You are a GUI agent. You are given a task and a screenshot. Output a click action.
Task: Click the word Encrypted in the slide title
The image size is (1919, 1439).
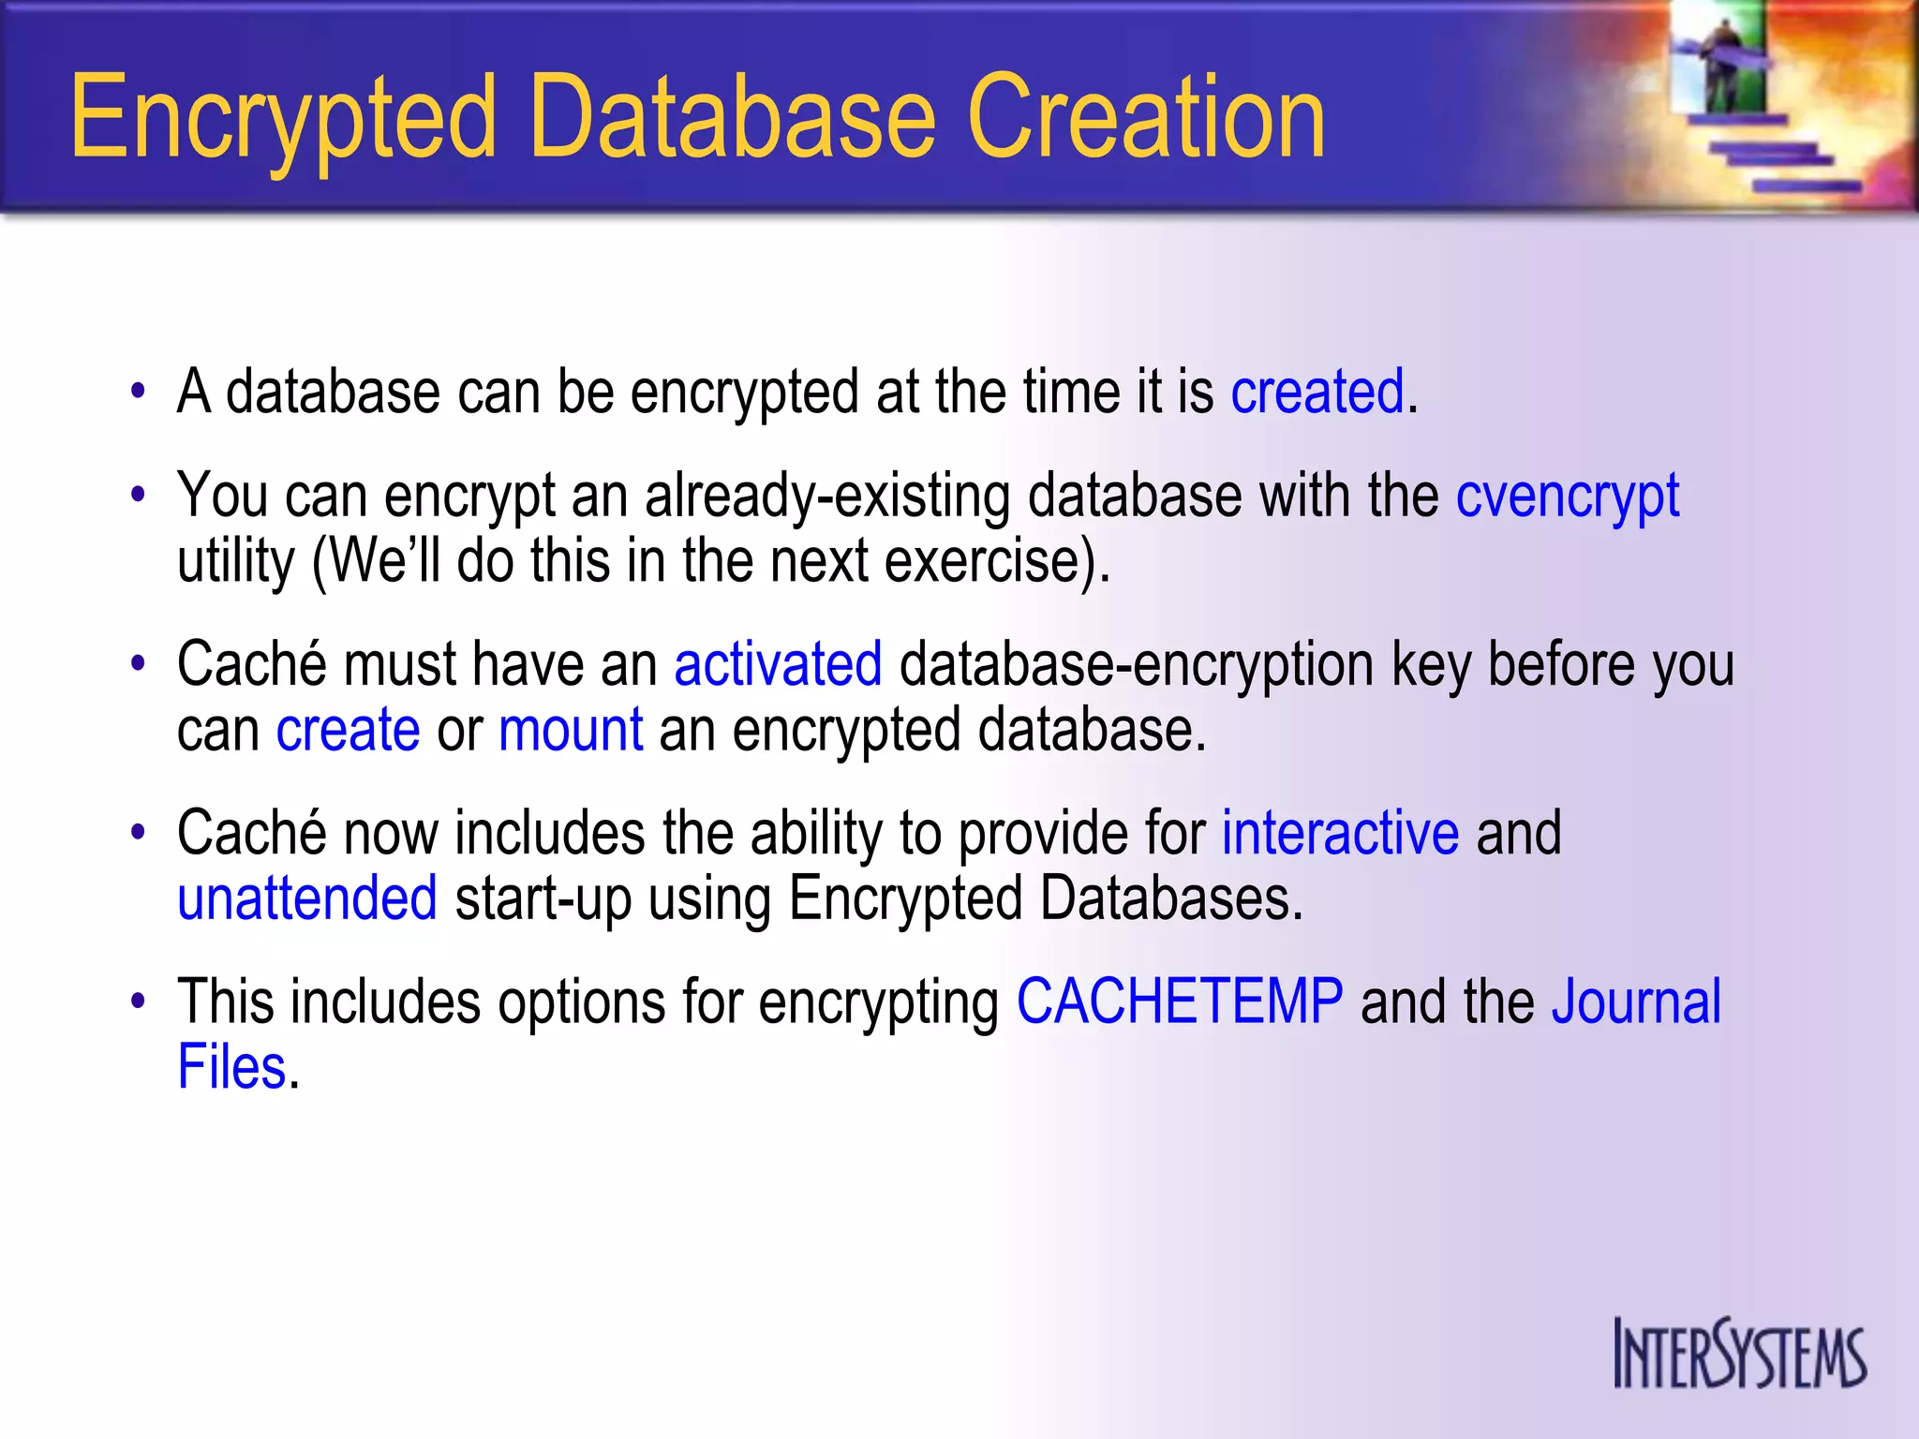[x=282, y=120]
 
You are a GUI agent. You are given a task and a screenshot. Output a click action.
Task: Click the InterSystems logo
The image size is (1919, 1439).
[x=1739, y=1354]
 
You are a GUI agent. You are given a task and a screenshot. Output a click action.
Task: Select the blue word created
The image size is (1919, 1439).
[x=1317, y=392]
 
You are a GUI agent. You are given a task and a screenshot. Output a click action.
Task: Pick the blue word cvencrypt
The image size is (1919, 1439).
[x=1567, y=497]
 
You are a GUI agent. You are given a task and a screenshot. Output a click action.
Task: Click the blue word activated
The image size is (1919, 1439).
[x=778, y=664]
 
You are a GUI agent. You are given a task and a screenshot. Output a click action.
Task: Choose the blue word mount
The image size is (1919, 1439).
[x=571, y=730]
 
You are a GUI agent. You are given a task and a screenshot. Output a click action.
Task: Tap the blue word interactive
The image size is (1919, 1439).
[x=1340, y=833]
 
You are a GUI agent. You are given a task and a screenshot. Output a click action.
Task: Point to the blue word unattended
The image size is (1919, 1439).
[x=307, y=898]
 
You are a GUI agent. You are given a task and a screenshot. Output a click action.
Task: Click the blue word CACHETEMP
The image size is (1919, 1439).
[x=1180, y=1001]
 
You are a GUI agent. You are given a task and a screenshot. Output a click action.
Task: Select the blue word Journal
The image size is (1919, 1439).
[x=1636, y=1001]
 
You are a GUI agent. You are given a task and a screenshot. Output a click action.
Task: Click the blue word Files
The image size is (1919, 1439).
[x=231, y=1067]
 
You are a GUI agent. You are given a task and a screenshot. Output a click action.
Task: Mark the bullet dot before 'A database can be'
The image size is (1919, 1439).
[x=139, y=392]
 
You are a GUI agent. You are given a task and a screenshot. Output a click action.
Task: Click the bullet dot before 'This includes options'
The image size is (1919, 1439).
[x=139, y=1001]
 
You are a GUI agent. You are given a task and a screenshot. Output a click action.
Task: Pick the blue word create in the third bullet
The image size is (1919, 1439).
[x=348, y=730]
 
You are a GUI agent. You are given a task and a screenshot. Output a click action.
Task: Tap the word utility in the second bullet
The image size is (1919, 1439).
[x=235, y=562]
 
